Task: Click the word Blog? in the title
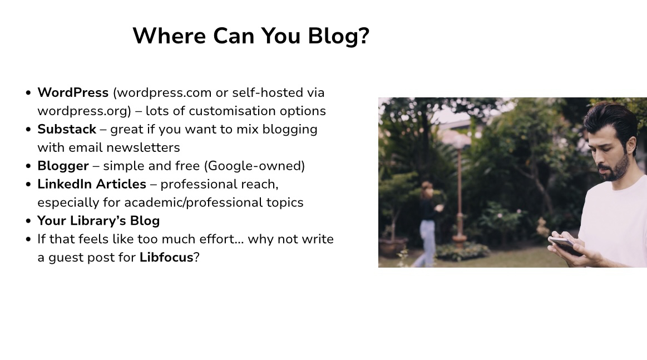pos(338,36)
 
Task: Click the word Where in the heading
pos(169,36)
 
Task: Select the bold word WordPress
pos(73,92)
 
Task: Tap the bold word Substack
pos(67,129)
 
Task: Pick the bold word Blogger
pos(63,166)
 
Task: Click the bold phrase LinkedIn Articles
pos(92,184)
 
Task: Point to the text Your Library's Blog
pos(98,221)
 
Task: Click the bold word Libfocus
pos(166,257)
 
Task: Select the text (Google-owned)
pos(255,166)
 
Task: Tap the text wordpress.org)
pos(84,111)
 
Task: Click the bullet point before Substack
pos(28,129)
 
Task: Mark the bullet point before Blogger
pos(28,166)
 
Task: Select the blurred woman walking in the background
pos(427,223)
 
